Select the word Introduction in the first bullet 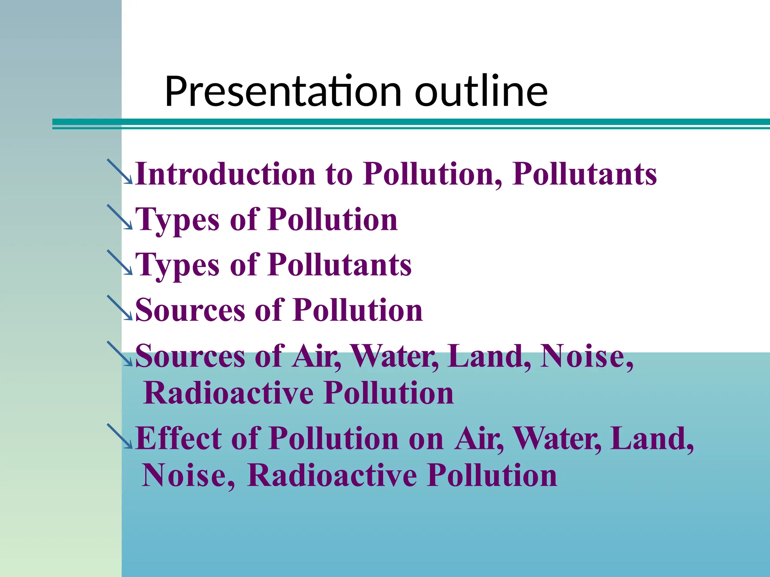[225, 174]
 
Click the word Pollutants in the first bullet [584, 174]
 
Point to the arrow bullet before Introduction [120, 172]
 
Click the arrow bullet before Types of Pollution [120, 217]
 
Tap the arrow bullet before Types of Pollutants [120, 263]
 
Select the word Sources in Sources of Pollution [190, 310]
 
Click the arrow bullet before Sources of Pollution [120, 308]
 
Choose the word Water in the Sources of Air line [394, 356]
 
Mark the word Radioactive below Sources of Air [229, 393]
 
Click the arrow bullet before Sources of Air [120, 354]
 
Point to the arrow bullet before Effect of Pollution [120, 437]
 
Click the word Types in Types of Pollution [177, 220]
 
